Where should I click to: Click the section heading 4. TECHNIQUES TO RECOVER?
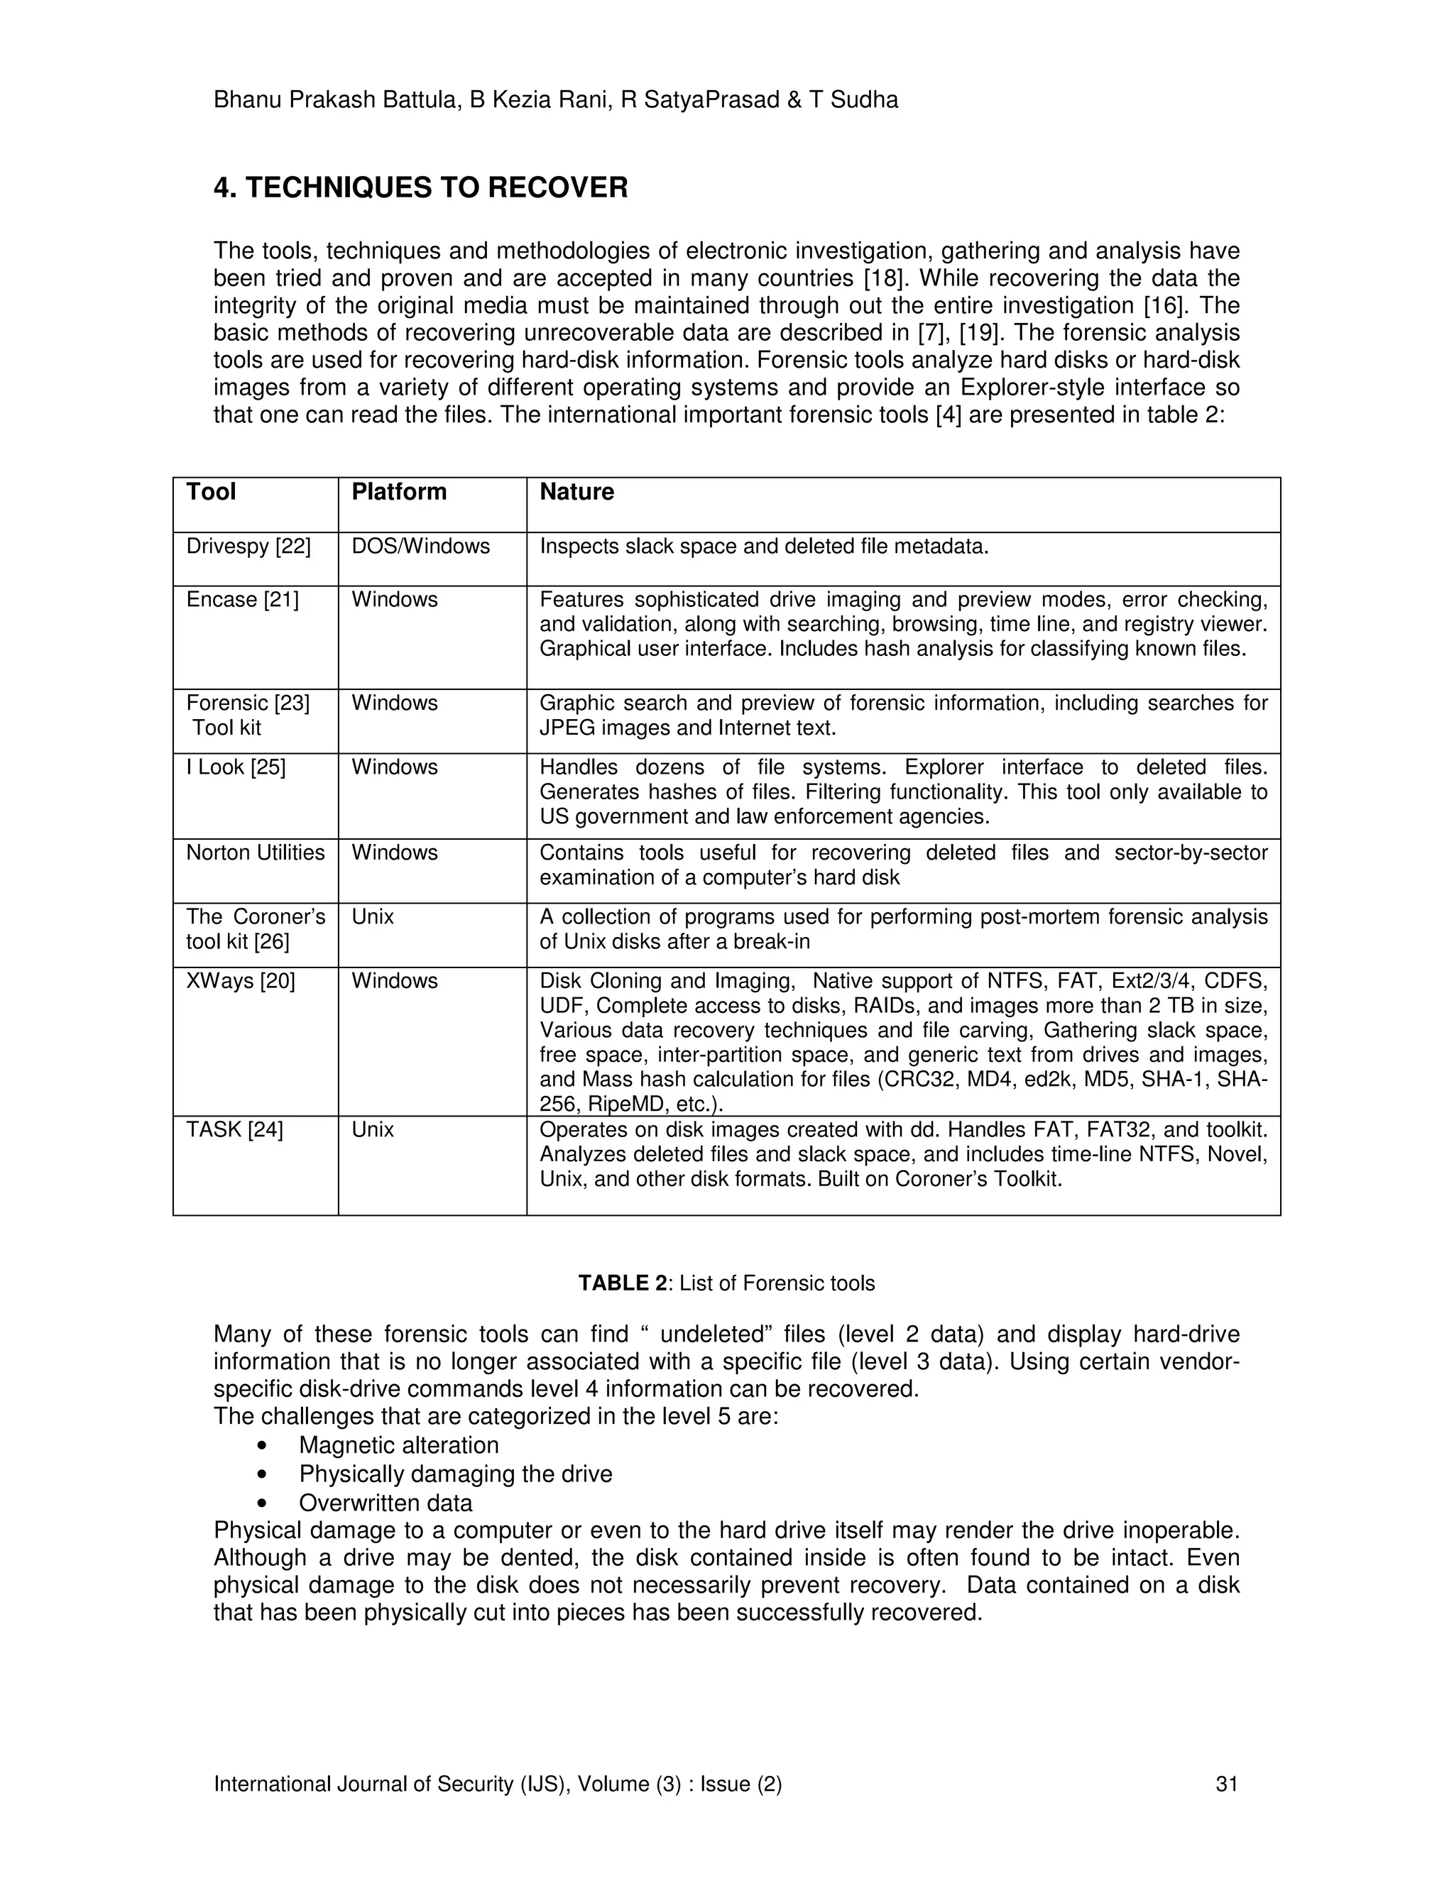[420, 188]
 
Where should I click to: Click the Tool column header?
[211, 492]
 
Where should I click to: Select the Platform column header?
[399, 492]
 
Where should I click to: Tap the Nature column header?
[576, 492]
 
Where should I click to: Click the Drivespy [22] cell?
[248, 546]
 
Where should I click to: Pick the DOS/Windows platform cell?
[420, 546]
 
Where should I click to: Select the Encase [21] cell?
[242, 600]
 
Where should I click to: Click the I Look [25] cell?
[235, 767]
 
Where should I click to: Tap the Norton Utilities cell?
[255, 852]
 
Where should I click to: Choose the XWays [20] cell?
[241, 981]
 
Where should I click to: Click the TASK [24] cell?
[234, 1129]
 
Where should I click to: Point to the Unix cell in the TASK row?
[372, 1129]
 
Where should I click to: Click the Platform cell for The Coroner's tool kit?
[372, 916]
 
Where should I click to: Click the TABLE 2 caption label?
[622, 1283]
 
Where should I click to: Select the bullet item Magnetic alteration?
[399, 1445]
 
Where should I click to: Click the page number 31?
[1225, 1784]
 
